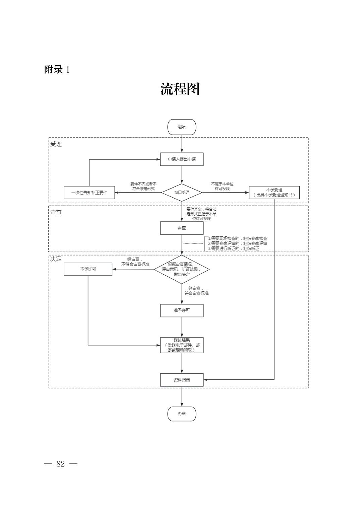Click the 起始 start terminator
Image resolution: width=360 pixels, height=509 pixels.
(x=182, y=127)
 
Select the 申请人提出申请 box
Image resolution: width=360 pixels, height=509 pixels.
(x=182, y=159)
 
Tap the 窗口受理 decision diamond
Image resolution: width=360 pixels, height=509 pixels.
(x=182, y=193)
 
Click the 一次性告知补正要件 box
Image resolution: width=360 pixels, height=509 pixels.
(x=89, y=193)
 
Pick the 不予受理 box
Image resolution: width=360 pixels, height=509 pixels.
(x=274, y=193)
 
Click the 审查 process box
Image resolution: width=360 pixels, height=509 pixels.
(x=182, y=228)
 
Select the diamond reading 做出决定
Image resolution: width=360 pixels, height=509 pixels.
(x=182, y=269)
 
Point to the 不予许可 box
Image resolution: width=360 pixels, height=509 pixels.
(x=88, y=269)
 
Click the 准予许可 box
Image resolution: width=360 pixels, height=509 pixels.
(x=182, y=310)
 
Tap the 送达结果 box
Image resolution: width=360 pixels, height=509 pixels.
(x=182, y=345)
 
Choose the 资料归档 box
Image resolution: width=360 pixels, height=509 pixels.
(x=182, y=380)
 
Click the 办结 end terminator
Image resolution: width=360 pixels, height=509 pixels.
(x=182, y=414)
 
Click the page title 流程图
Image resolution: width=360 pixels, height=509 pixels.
(x=180, y=89)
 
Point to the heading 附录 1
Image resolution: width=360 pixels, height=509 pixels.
(x=57, y=69)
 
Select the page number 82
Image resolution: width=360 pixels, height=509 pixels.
(x=61, y=464)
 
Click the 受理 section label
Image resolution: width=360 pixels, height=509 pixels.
(x=56, y=144)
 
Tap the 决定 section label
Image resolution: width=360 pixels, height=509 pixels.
(x=56, y=259)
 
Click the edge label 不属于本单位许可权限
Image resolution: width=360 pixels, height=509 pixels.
(x=222, y=186)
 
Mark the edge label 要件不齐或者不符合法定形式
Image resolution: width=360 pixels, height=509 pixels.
(x=143, y=186)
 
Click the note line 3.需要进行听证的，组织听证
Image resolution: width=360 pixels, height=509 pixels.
(x=234, y=248)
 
